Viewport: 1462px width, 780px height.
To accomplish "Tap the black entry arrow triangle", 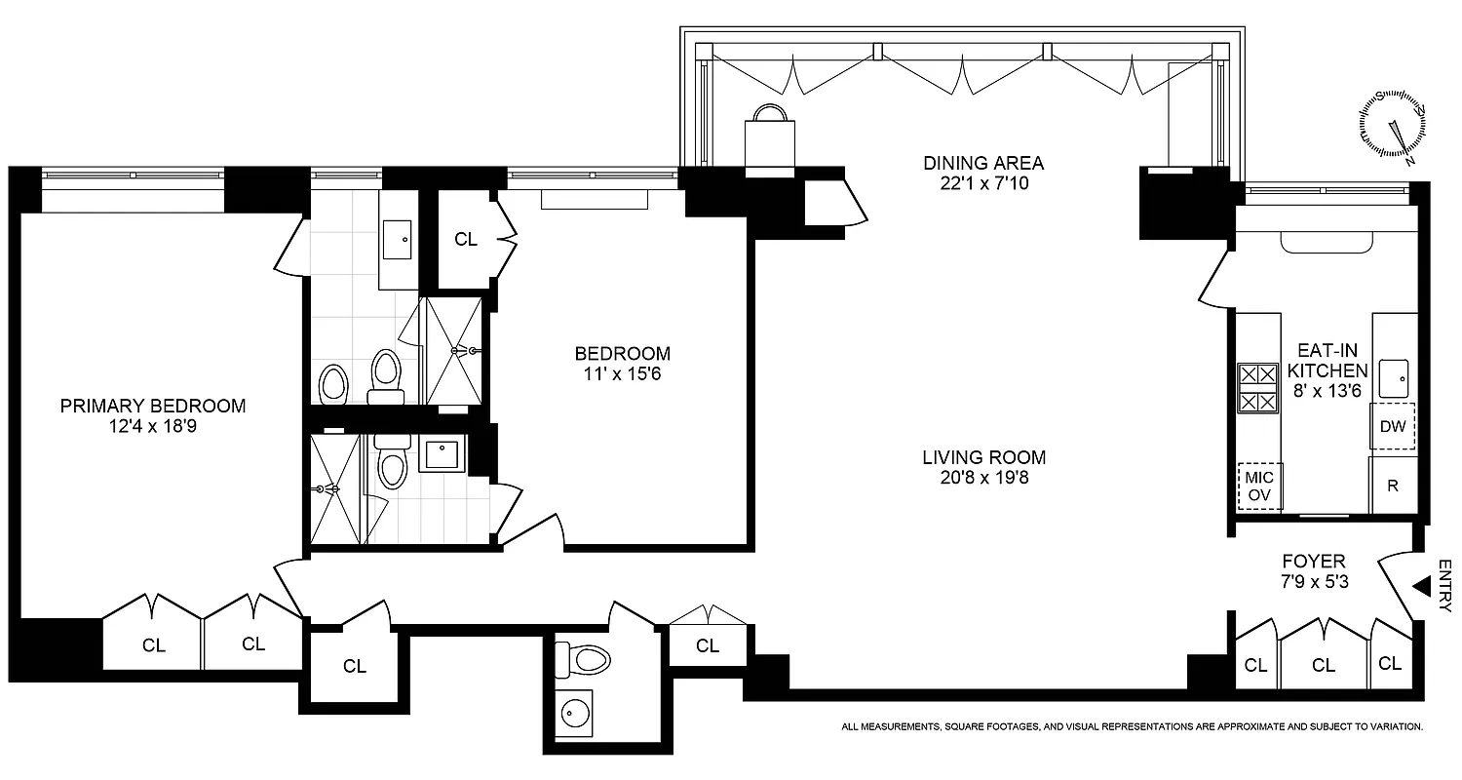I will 1422,586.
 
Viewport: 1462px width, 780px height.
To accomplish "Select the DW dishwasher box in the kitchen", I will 1393,425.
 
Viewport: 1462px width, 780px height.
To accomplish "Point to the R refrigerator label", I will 1393,486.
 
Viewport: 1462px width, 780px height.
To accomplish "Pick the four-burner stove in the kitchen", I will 1257,388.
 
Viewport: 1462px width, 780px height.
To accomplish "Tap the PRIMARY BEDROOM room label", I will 153,406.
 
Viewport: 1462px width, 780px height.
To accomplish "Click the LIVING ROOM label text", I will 984,456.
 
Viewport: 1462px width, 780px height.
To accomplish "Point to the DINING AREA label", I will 983,162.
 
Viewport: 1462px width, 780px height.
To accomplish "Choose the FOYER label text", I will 1314,562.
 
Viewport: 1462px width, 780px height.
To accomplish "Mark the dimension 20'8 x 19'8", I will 984,477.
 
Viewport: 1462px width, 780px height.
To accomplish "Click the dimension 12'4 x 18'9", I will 153,426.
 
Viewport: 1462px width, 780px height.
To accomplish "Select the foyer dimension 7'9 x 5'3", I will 1314,582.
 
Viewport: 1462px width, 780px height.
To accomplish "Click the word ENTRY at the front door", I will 1444,586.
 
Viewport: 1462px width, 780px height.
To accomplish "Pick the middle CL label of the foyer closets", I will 1323,666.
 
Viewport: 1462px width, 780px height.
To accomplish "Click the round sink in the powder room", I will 571,712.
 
